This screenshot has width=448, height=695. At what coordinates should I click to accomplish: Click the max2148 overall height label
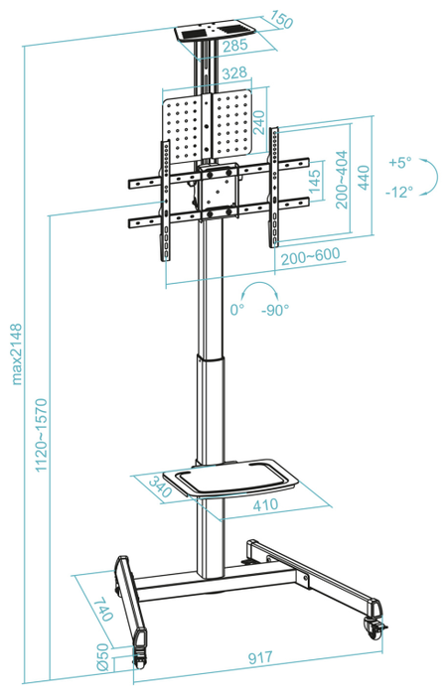17,353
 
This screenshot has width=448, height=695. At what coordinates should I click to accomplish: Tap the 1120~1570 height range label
42,435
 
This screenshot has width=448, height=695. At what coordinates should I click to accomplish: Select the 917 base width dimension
260,657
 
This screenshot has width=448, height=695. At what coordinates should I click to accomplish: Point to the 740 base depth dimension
103,609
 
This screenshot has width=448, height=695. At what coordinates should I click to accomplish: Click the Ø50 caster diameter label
102,656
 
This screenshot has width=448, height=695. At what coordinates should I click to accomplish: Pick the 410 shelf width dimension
265,504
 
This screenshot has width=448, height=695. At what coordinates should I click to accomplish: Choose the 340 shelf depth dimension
160,486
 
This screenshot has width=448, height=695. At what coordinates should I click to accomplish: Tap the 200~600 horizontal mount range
311,256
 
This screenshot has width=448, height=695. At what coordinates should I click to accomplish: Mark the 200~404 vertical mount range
342,180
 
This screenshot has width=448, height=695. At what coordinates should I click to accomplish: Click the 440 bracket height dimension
364,178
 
